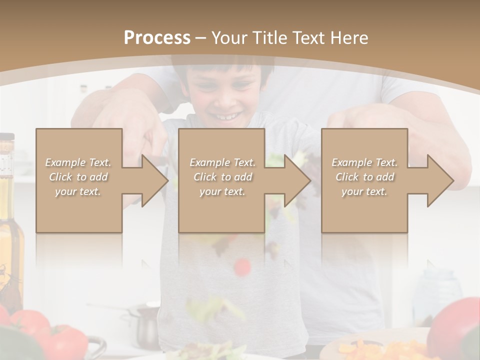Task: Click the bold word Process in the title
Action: point(157,38)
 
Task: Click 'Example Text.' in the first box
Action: point(78,162)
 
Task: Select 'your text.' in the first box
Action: point(78,191)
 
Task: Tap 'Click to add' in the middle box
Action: point(222,177)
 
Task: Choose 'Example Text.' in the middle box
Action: point(222,162)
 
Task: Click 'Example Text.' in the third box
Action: point(364,162)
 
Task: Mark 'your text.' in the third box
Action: point(364,191)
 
